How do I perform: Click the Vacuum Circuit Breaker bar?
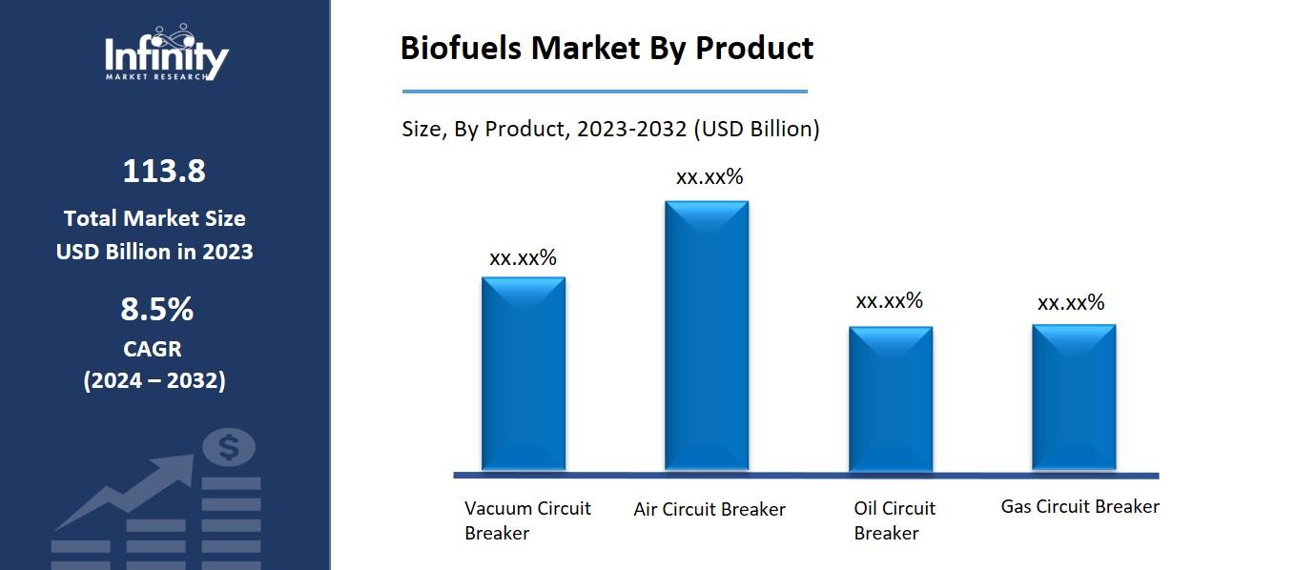524,374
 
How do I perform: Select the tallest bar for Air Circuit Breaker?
707,336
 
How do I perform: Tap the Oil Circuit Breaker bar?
891,398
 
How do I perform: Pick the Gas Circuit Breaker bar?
1074,397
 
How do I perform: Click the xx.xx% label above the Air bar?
710,177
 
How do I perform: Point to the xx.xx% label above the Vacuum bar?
523,258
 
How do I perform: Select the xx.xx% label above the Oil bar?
889,301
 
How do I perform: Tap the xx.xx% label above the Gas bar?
1071,303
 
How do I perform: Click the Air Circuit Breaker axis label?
710,509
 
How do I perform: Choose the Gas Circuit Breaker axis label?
1080,506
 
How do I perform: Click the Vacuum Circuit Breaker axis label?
527,520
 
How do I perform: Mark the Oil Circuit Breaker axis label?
894,520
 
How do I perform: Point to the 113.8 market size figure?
164,172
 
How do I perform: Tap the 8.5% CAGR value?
156,310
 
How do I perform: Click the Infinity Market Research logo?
166,55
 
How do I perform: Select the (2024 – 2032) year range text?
154,380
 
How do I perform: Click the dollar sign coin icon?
230,446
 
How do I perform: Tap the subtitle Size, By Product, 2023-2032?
610,129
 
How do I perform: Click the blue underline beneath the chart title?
605,92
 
